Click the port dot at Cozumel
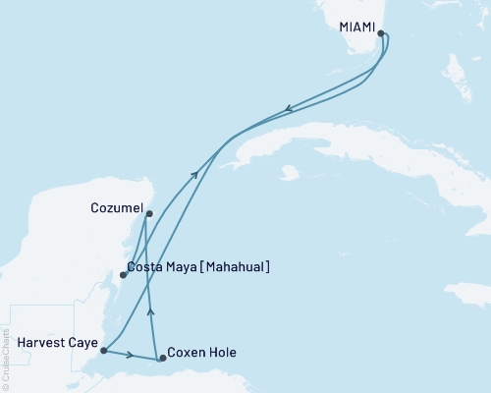148,213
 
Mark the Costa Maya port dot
122,275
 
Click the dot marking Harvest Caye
103,350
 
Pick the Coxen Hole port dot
163,359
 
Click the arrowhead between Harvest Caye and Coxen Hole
131,355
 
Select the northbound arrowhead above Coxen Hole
150,310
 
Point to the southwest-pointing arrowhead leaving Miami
287,108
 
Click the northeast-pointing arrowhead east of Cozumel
195,175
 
